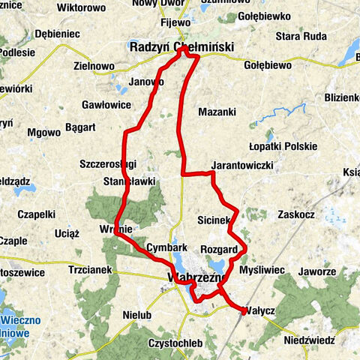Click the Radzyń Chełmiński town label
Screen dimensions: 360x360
pyautogui.click(x=181, y=47)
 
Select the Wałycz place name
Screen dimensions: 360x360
pyautogui.click(x=260, y=310)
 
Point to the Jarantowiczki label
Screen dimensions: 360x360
pyautogui.click(x=242, y=165)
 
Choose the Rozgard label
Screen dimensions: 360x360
pyautogui.click(x=219, y=249)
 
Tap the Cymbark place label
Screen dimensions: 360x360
pyautogui.click(x=166, y=247)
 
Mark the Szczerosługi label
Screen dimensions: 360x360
pyautogui.click(x=108, y=163)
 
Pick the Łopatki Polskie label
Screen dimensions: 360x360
pyautogui.click(x=283, y=146)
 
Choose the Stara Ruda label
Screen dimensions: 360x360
pyautogui.click(x=298, y=35)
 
